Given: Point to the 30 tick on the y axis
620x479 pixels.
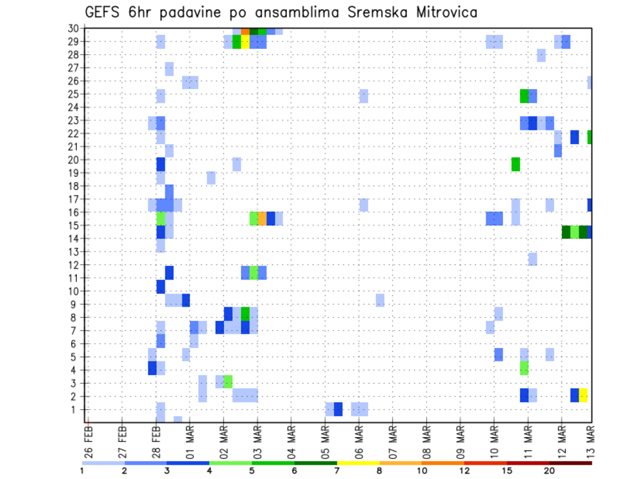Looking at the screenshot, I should [74, 28].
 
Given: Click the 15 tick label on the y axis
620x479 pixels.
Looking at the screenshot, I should [74, 225].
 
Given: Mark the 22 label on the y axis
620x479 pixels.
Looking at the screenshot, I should [74, 133].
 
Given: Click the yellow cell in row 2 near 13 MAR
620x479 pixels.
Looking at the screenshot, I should [583, 395].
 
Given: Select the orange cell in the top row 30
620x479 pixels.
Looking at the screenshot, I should [245, 31].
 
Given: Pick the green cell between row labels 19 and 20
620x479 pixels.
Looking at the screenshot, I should [515, 164].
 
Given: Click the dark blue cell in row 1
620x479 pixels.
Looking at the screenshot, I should [338, 409].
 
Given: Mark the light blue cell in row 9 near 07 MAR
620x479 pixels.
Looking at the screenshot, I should [380, 300].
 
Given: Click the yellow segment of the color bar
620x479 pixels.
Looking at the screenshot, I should [358, 462].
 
